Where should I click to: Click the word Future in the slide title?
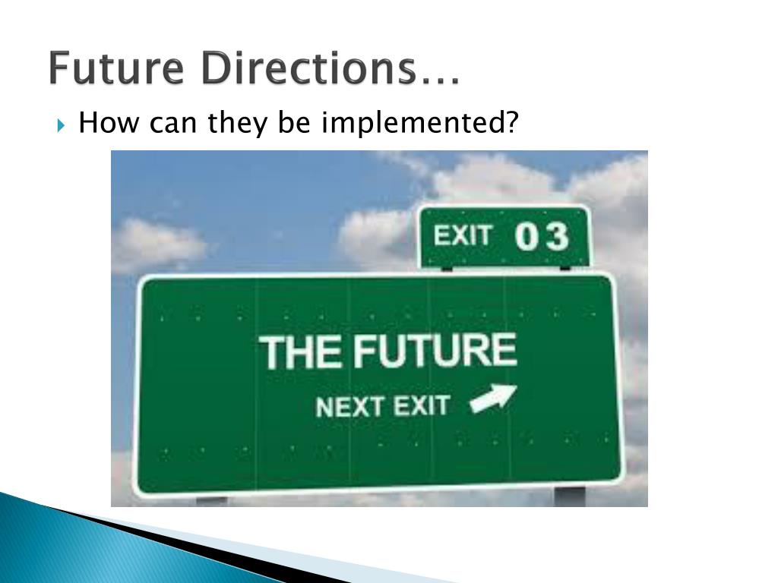(116, 69)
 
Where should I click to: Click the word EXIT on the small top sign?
(463, 236)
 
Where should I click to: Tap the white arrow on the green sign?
(493, 399)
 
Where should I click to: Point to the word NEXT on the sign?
(349, 408)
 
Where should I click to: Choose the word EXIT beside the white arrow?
(421, 405)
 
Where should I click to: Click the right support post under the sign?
(569, 496)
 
